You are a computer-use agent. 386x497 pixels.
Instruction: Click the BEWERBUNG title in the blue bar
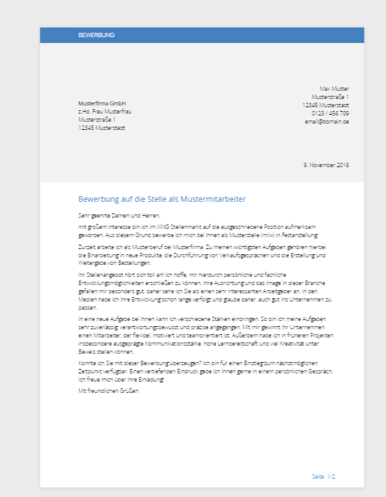tap(96, 35)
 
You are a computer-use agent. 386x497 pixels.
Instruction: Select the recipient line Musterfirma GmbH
tap(102, 103)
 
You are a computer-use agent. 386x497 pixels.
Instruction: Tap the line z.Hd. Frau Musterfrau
tap(105, 112)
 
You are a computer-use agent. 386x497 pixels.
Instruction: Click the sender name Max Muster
tap(334, 89)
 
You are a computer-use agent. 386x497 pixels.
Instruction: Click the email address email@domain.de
tap(327, 121)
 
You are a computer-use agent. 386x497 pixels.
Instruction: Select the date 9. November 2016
tap(326, 165)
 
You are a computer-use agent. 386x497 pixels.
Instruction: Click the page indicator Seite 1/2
tap(324, 477)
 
